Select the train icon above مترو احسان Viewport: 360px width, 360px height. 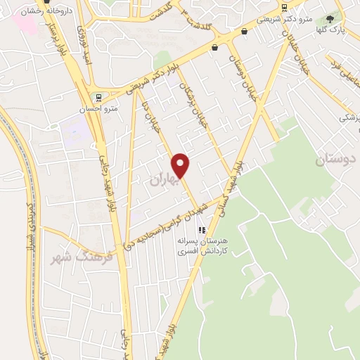[x=98, y=98]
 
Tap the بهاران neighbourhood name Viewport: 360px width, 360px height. [x=165, y=179]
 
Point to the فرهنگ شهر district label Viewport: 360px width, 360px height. [x=72, y=259]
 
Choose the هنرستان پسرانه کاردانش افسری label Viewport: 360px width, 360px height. [x=202, y=245]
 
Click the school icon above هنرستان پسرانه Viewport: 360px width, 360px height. [x=202, y=229]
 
